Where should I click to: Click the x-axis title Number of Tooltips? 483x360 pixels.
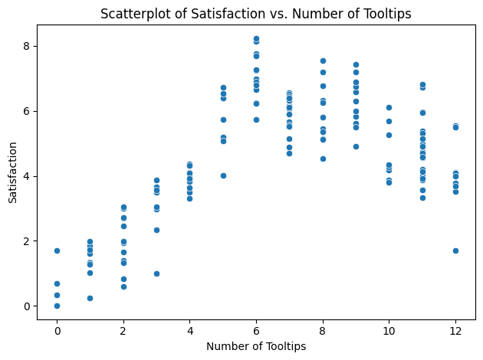(x=256, y=347)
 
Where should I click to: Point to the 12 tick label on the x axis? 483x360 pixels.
(x=455, y=330)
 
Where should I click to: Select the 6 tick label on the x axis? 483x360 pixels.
(x=256, y=330)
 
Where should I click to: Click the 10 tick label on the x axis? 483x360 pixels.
(x=389, y=330)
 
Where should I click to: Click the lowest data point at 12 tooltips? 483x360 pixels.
(x=455, y=250)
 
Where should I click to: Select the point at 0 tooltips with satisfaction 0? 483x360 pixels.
(x=57, y=306)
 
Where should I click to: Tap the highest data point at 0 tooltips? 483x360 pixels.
(x=57, y=250)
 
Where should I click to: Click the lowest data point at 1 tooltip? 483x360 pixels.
(x=90, y=298)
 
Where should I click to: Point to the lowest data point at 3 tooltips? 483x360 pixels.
(x=156, y=273)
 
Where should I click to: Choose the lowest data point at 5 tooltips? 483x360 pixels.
(x=223, y=175)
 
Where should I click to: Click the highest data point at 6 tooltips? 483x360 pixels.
(x=256, y=38)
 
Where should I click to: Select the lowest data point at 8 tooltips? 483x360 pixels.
(x=323, y=159)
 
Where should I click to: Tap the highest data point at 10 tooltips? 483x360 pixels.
(x=389, y=108)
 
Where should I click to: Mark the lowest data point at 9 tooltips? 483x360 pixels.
(x=356, y=146)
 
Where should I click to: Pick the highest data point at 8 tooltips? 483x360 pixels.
(x=323, y=61)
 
